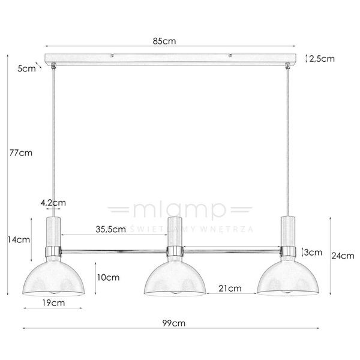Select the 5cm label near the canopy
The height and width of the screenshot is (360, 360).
click(x=26, y=68)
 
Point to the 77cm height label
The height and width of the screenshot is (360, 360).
click(x=22, y=152)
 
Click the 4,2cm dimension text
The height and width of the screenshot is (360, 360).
click(x=53, y=203)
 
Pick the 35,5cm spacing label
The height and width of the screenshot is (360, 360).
click(x=111, y=229)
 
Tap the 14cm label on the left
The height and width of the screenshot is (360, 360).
click(x=19, y=239)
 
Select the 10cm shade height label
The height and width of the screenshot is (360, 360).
click(x=109, y=277)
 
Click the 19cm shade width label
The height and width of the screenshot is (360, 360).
click(x=54, y=303)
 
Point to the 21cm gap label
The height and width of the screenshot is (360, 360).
click(x=230, y=288)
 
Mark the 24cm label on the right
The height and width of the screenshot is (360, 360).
click(x=343, y=255)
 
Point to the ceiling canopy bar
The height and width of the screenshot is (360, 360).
click(x=172, y=59)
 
